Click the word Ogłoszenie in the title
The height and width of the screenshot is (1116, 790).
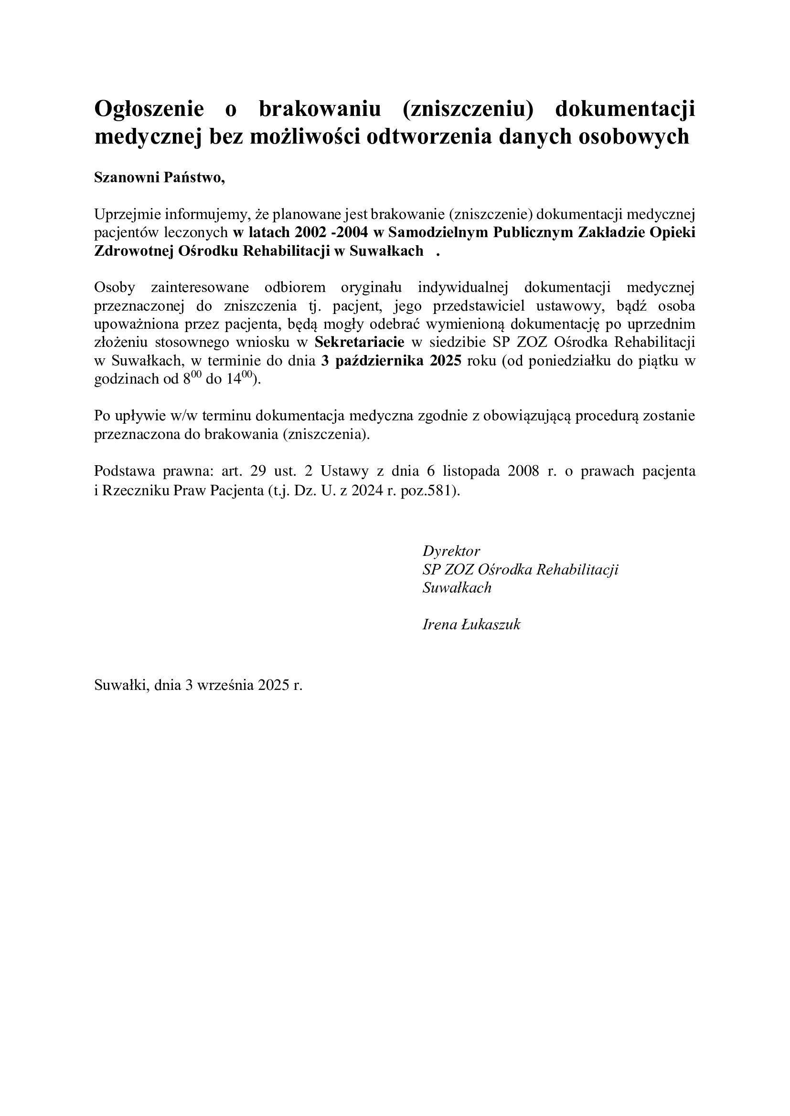[149, 109]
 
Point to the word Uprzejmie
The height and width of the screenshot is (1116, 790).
[128, 214]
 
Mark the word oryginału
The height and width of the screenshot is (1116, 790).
[371, 288]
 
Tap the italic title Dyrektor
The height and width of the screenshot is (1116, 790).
[451, 551]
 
